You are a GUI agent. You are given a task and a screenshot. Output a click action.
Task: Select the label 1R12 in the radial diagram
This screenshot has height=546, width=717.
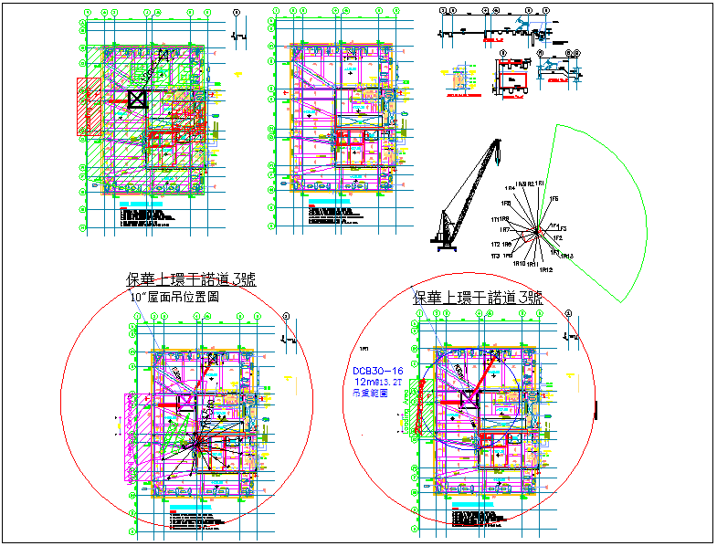(545, 270)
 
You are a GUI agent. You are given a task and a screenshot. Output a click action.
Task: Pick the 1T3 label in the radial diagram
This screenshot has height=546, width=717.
(495, 256)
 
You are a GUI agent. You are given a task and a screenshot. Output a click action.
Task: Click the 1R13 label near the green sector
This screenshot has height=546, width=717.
(566, 257)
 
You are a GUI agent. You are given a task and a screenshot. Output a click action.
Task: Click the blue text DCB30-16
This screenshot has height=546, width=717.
(379, 370)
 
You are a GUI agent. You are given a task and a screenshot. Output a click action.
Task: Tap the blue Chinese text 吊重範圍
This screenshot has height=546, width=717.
(370, 394)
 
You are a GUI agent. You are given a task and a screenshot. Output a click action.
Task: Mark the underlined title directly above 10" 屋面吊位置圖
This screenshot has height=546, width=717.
(194, 280)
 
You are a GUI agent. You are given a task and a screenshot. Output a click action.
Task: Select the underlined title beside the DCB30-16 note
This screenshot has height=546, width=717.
(478, 298)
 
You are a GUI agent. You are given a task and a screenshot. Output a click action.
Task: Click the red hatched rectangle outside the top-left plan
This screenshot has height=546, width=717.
(89, 106)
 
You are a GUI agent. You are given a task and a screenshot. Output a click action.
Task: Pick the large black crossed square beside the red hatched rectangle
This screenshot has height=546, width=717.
(137, 100)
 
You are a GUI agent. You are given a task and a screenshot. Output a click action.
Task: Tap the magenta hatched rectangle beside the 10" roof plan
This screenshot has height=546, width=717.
(136, 438)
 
